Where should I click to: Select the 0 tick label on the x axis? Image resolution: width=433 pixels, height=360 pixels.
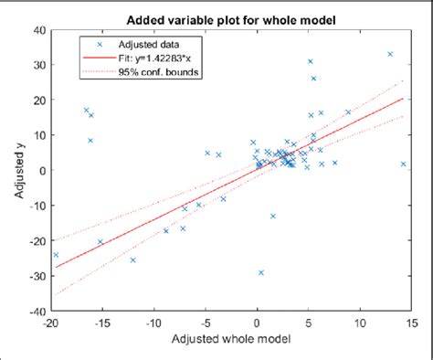tap(257, 323)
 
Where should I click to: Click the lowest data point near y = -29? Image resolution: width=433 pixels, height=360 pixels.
tap(261, 272)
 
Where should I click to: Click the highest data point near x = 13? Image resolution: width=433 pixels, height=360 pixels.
tap(390, 54)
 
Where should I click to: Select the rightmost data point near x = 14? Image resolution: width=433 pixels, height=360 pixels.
tap(403, 164)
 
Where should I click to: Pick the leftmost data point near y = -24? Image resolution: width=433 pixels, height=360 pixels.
tap(56, 255)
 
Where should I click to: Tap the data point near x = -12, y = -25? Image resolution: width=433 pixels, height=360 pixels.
tap(132, 260)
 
